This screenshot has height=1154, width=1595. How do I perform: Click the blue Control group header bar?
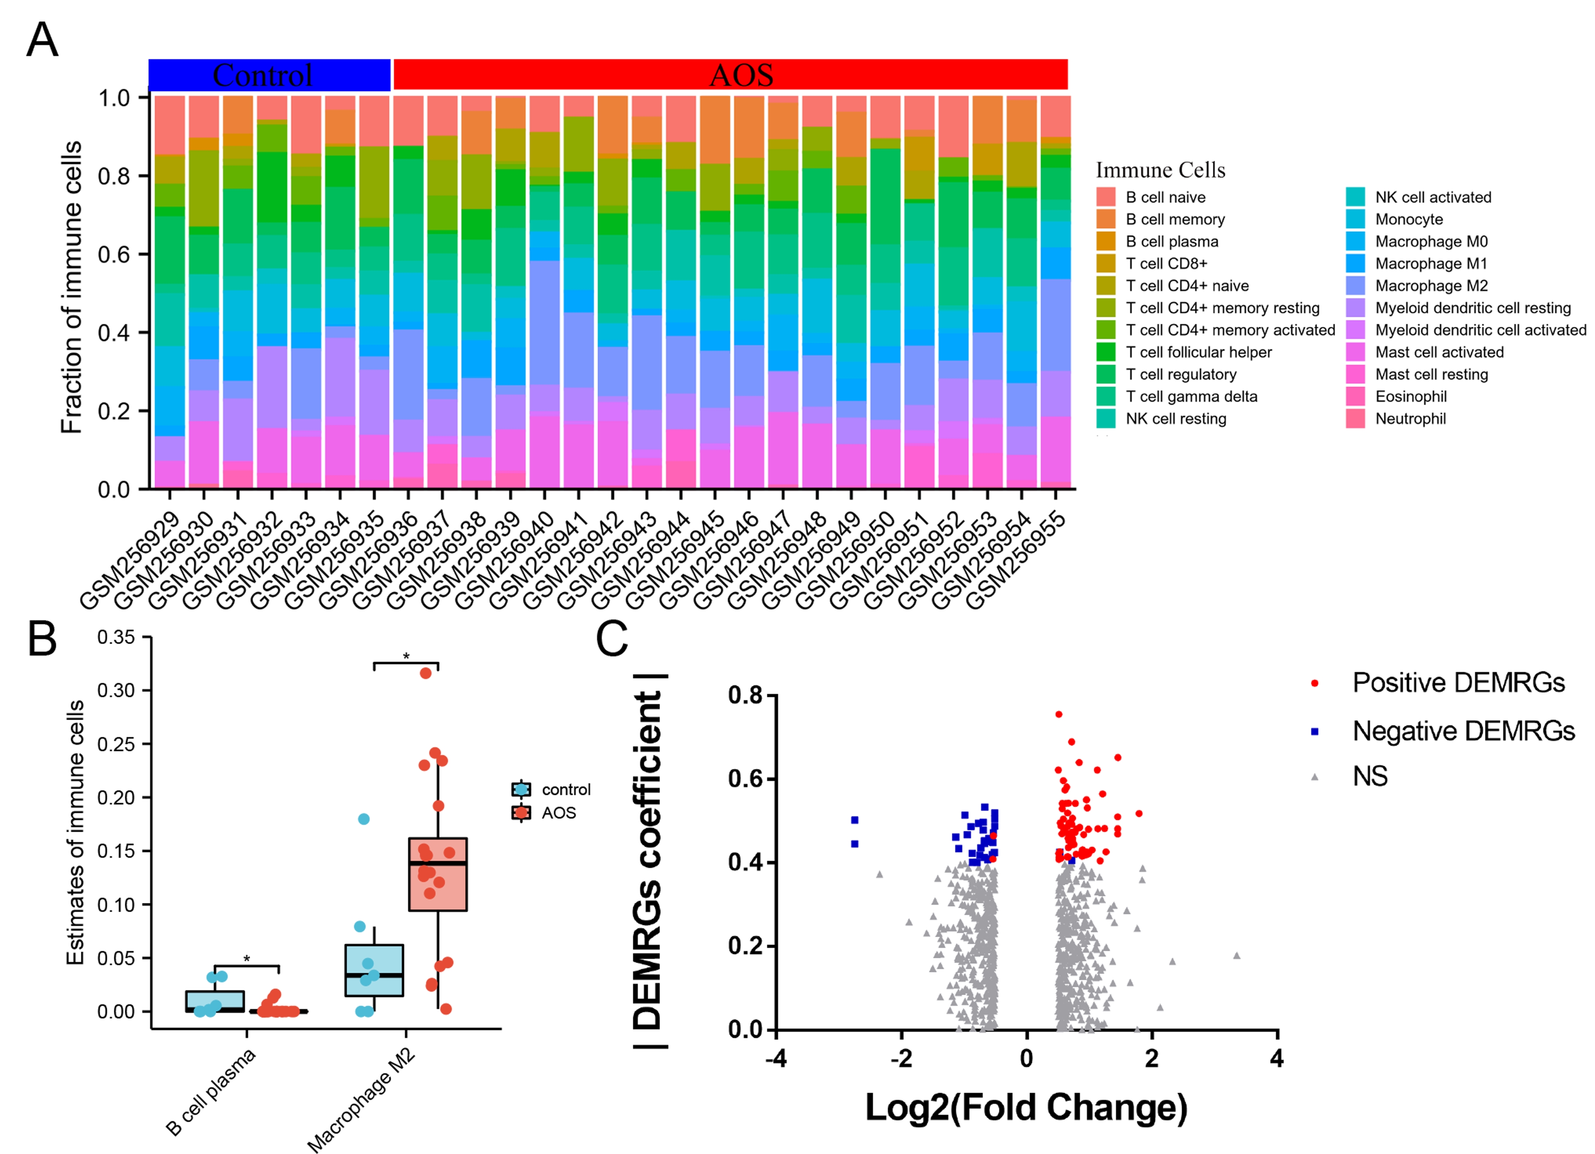coord(269,74)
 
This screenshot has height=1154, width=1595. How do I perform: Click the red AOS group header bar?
coord(730,74)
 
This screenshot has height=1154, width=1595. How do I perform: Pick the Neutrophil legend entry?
coord(1410,418)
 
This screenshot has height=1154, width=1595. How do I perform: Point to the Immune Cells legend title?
coord(1160,170)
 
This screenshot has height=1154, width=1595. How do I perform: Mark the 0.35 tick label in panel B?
coord(116,637)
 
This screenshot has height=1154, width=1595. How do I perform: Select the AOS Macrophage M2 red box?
coord(437,874)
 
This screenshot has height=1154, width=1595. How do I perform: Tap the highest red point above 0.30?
coord(425,673)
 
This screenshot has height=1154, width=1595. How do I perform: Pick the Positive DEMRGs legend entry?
coord(1458,683)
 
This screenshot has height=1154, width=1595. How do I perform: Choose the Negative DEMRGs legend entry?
coord(1463,731)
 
